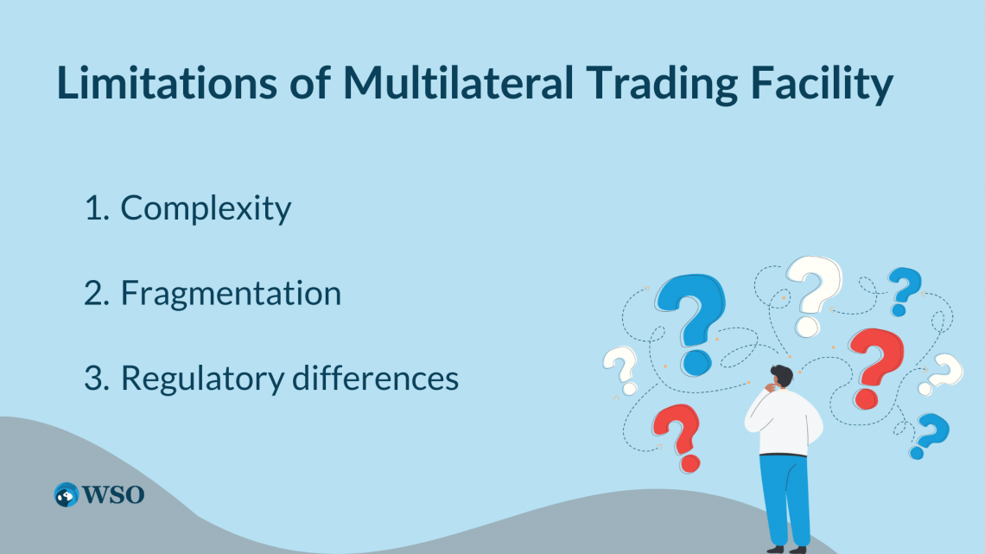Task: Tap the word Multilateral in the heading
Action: point(458,85)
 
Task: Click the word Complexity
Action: point(206,208)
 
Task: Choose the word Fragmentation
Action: point(231,294)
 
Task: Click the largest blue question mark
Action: point(691,320)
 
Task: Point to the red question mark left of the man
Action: point(677,436)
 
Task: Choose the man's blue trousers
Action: point(785,497)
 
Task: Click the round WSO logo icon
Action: point(67,494)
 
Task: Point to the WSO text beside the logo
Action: point(113,494)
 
